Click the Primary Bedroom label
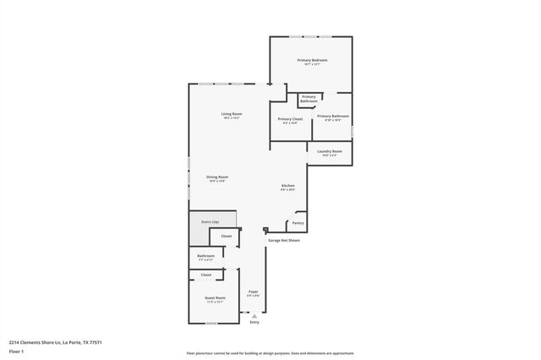coord(311,61)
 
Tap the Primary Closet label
coord(290,119)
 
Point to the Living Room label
coord(232,114)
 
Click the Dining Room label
coord(217,177)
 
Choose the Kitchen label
coord(287,185)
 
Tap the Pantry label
coord(298,223)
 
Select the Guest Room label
coord(215,297)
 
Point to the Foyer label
coord(253,292)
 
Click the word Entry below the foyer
coord(254,322)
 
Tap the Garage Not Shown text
coord(284,240)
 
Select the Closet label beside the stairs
coord(227,236)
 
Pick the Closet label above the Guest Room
coord(206,275)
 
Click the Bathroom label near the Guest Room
coord(206,255)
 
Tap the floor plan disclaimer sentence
coord(270,353)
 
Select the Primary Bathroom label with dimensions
coord(333,117)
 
